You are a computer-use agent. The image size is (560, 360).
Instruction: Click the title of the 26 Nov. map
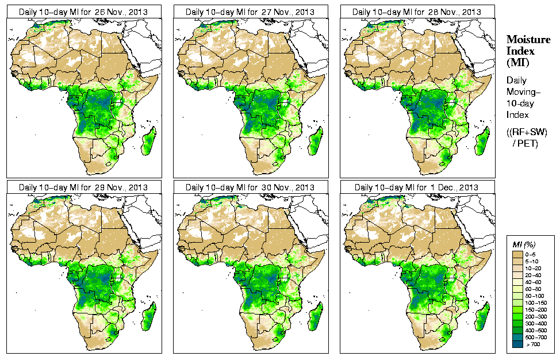coord(83,12)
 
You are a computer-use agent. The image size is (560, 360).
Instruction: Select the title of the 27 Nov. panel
coord(250,12)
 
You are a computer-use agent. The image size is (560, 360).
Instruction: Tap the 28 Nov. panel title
coord(417,12)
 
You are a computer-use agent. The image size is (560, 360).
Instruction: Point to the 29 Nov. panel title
coord(83,187)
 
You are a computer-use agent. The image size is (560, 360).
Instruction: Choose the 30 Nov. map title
coord(250,187)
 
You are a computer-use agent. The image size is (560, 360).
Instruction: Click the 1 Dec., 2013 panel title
coord(417,187)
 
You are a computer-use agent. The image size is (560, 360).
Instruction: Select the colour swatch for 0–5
coord(517,254)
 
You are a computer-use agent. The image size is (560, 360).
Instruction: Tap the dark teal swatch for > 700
coord(517,344)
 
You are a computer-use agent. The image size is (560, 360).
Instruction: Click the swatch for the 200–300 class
coord(517,316)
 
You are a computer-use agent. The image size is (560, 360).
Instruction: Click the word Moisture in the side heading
coord(528,39)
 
